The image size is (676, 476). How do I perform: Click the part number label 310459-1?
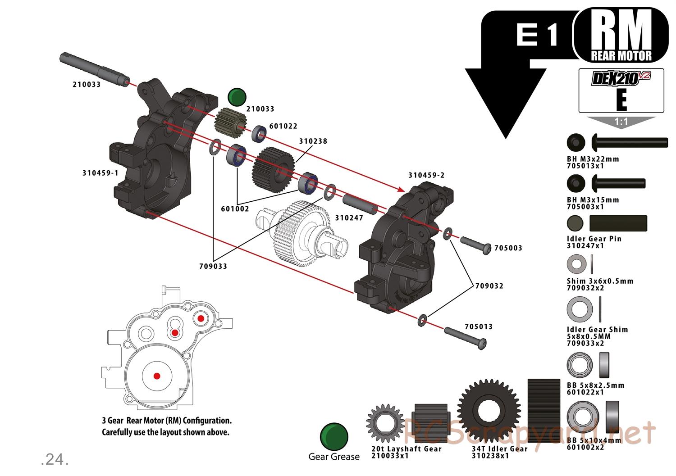pos(100,173)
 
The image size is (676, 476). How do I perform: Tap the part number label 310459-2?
pos(426,175)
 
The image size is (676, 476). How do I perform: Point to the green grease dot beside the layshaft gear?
pos(237,97)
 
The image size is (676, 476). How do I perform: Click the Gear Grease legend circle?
pos(334,436)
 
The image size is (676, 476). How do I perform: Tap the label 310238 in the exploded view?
pos(313,141)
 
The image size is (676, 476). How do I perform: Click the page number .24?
pos(55,459)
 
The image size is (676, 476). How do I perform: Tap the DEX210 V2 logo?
pos(621,79)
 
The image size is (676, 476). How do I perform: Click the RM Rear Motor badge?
pos(621,36)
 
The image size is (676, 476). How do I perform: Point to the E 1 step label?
pos(537,35)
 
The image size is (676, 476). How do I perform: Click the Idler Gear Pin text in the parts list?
pos(594,239)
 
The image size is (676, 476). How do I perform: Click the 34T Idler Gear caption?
pos(499,449)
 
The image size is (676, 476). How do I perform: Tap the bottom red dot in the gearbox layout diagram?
pos(157,376)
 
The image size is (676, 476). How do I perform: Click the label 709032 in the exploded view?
pos(489,286)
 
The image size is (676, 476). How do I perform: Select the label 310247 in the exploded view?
pos(349,218)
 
